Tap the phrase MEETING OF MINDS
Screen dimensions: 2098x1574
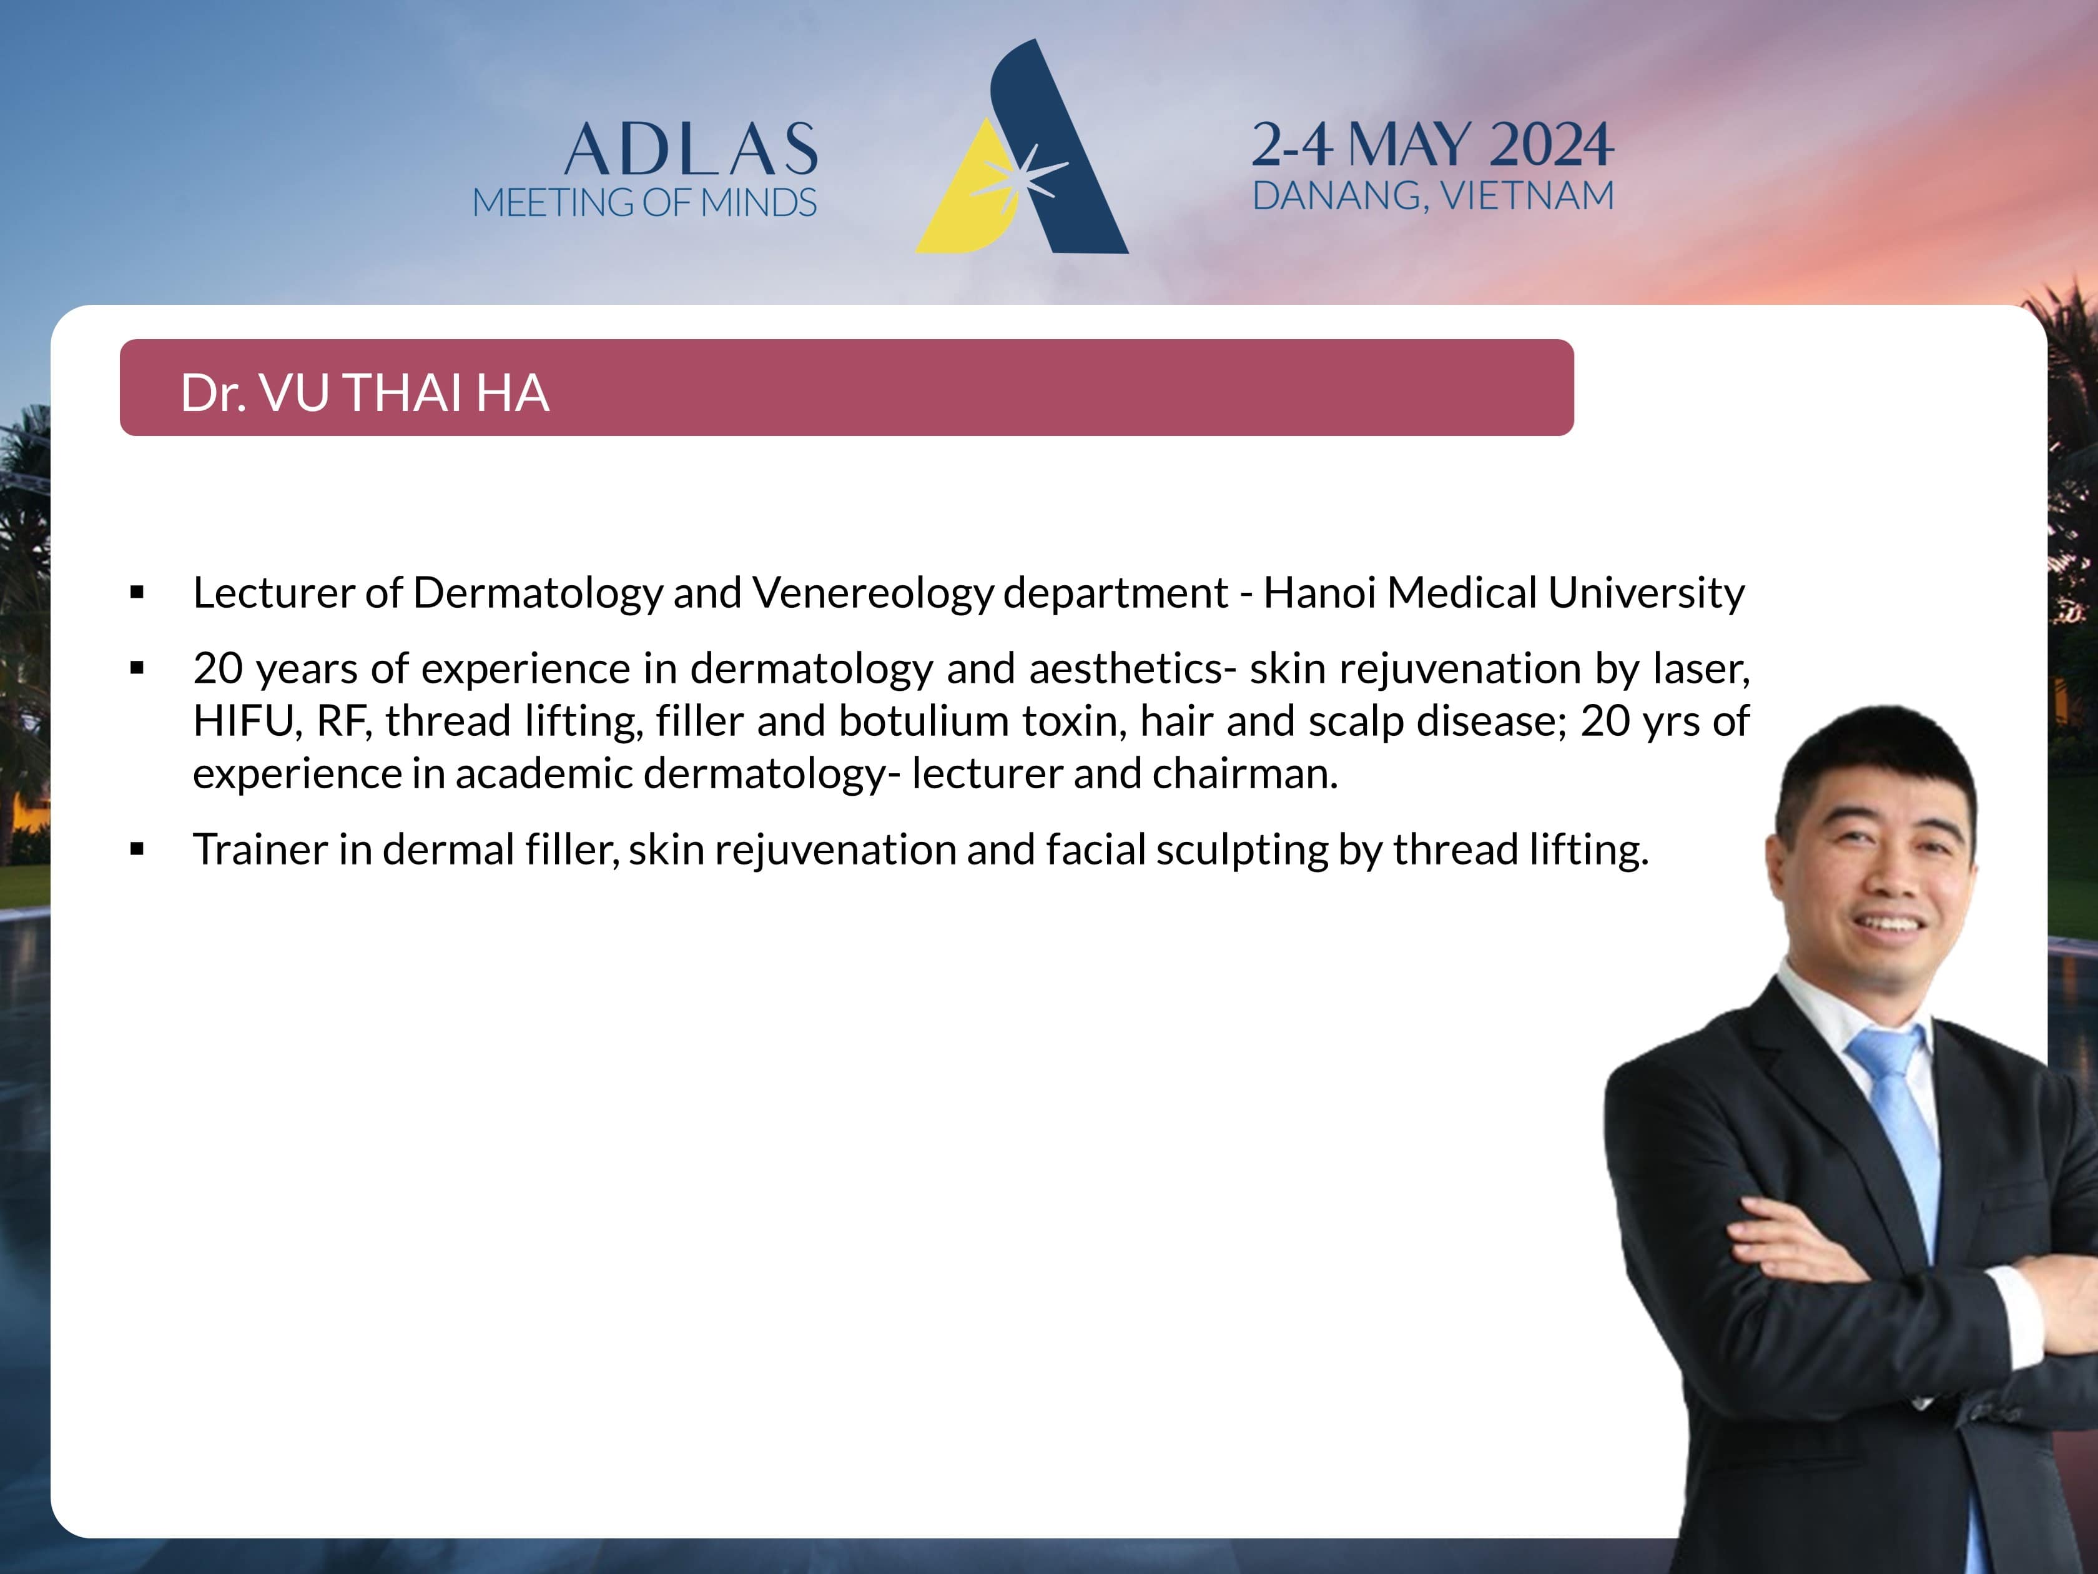(x=644, y=202)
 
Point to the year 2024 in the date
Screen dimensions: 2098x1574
(x=1552, y=145)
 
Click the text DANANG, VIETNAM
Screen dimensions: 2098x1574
(x=1433, y=196)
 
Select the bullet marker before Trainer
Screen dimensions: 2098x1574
(x=137, y=849)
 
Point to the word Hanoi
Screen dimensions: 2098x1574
(x=1319, y=593)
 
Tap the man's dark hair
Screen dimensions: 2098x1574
(x=1873, y=759)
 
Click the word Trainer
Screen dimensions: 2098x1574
(x=261, y=849)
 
